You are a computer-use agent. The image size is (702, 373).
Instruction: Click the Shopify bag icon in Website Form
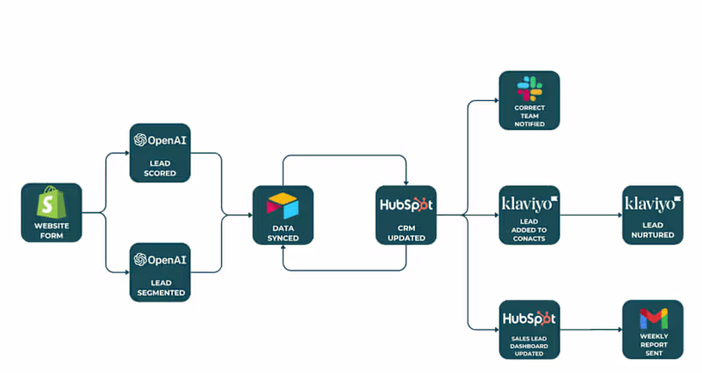(51, 204)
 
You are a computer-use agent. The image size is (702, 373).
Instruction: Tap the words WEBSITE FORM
(51, 231)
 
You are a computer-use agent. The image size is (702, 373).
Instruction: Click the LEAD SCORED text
(160, 168)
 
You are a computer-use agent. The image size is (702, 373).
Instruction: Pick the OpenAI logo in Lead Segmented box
(160, 260)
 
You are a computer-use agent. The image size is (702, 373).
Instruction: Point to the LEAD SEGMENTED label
(160, 287)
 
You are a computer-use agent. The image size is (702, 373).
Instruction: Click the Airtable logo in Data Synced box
(283, 205)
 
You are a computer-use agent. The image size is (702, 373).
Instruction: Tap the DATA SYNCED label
(283, 232)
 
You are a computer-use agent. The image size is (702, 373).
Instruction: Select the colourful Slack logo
(529, 88)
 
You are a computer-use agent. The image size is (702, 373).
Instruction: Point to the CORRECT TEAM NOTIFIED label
(529, 116)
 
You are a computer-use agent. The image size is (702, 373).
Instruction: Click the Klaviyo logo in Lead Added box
(529, 204)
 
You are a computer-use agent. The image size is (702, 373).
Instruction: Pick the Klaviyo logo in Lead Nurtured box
(652, 204)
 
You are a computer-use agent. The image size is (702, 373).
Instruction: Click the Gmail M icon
(653, 318)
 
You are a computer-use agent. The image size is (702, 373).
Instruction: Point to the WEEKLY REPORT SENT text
(653, 344)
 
